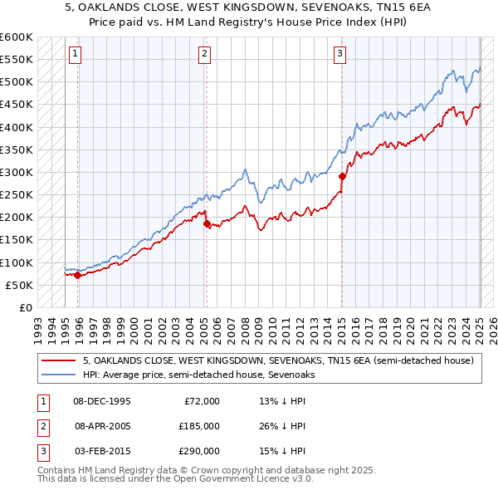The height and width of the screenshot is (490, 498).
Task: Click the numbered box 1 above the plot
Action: pyautogui.click(x=75, y=55)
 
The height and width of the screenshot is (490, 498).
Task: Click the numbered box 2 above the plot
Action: pyautogui.click(x=204, y=55)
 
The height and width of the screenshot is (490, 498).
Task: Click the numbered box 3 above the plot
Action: pyautogui.click(x=340, y=55)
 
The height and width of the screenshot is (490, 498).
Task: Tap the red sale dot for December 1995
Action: pyautogui.click(x=77, y=275)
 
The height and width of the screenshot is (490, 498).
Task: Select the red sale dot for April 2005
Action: pyautogui.click(x=207, y=223)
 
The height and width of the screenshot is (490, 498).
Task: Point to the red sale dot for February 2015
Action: pyautogui.click(x=342, y=176)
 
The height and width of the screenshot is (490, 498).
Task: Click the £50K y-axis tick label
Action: pyautogui.click(x=20, y=285)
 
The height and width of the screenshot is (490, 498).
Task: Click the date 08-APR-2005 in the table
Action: pyautogui.click(x=102, y=426)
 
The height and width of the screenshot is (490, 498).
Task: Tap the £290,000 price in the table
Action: pyautogui.click(x=198, y=451)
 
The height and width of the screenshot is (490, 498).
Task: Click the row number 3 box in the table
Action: pyautogui.click(x=42, y=451)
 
